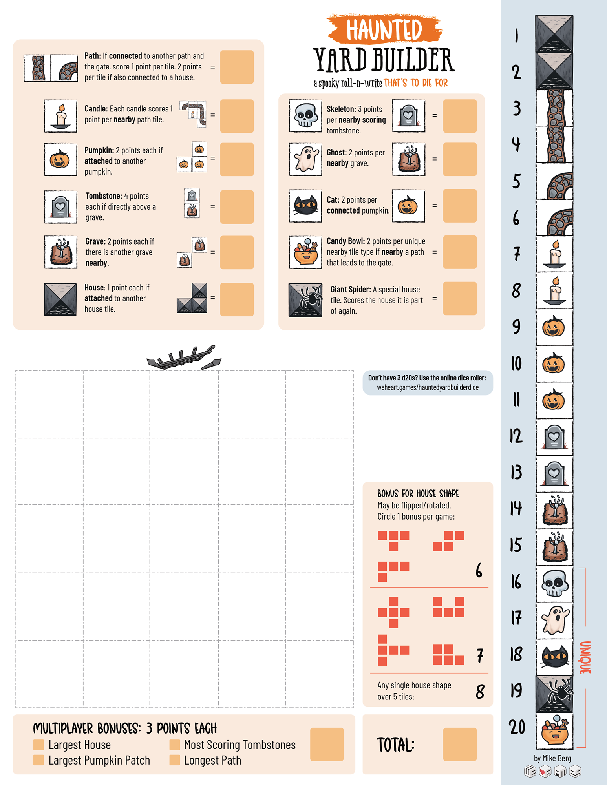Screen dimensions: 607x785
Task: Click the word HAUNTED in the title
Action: click(x=384, y=29)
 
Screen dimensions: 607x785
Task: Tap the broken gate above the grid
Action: click(x=184, y=358)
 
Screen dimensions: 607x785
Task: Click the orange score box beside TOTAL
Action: click(x=460, y=745)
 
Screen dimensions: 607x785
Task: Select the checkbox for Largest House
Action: click(x=38, y=745)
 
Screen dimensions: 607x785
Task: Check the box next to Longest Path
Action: click(x=175, y=760)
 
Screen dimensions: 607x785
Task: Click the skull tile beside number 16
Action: click(x=554, y=584)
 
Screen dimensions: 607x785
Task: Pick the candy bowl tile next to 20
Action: click(x=554, y=730)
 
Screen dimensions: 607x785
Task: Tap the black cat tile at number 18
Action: click(x=554, y=657)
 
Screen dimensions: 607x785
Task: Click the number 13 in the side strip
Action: click(x=516, y=472)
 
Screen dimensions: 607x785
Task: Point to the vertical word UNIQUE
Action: click(x=585, y=657)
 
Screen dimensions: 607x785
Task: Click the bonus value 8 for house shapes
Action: click(x=480, y=692)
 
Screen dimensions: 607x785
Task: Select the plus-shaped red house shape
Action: click(x=393, y=612)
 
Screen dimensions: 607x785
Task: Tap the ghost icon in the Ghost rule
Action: click(x=305, y=159)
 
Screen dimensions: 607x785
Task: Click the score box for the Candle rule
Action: click(x=237, y=116)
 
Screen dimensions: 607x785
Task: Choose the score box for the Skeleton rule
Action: click(x=460, y=116)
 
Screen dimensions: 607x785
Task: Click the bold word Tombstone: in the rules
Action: click(x=104, y=196)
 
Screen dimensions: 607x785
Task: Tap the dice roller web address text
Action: click(x=428, y=387)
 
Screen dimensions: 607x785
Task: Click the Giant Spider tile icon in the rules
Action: click(x=305, y=300)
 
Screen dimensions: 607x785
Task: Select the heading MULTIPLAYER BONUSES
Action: click(x=86, y=728)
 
